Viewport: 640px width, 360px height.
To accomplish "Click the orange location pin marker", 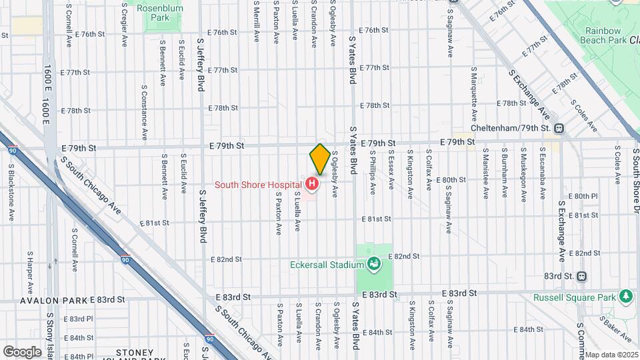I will pyautogui.click(x=320, y=159).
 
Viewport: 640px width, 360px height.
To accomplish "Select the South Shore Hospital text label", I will pyautogui.click(x=258, y=184).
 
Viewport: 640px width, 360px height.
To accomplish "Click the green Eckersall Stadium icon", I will pyautogui.click(x=374, y=264).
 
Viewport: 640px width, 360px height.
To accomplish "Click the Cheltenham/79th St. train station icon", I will pyautogui.click(x=559, y=128).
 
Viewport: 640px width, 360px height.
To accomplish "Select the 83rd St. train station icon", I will pyautogui.click(x=582, y=276).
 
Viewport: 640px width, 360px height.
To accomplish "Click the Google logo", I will pyautogui.click(x=22, y=351).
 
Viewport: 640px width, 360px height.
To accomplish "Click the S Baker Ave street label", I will pyautogui.click(x=610, y=325).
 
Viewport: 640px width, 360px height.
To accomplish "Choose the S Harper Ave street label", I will pyautogui.click(x=30, y=265).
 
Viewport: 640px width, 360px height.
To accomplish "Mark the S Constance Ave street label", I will pyautogui.click(x=144, y=112).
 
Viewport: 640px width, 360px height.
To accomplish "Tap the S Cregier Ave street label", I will pyautogui.click(x=125, y=23).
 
